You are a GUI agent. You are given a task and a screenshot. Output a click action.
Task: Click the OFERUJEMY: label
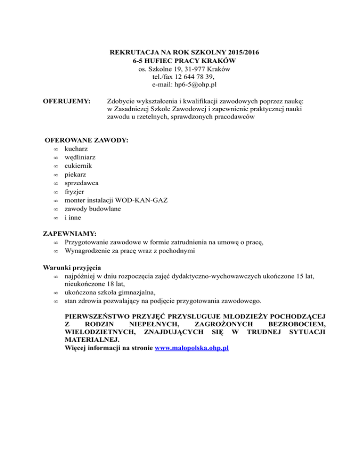[x=66, y=101]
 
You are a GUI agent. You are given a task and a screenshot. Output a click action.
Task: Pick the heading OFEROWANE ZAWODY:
[x=87, y=140]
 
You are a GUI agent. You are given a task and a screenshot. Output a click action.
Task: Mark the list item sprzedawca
[x=82, y=183]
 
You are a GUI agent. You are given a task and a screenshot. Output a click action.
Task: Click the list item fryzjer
[x=75, y=191]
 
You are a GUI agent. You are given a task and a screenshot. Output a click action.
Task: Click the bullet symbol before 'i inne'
[x=55, y=218]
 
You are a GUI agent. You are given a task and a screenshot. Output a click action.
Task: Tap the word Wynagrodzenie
[x=88, y=250]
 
